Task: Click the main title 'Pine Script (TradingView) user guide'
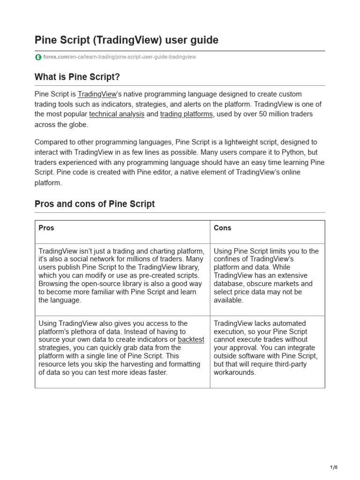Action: [127, 40]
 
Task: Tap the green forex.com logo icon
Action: [38, 57]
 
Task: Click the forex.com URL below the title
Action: [120, 57]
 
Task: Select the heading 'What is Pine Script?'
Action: [81, 76]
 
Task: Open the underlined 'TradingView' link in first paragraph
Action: [97, 94]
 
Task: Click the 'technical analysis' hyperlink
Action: [117, 114]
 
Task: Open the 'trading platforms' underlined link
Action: [187, 114]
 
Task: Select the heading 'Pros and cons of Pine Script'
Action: [95, 204]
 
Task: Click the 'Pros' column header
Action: [46, 228]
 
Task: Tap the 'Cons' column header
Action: [223, 228]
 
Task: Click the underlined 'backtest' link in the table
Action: [191, 339]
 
